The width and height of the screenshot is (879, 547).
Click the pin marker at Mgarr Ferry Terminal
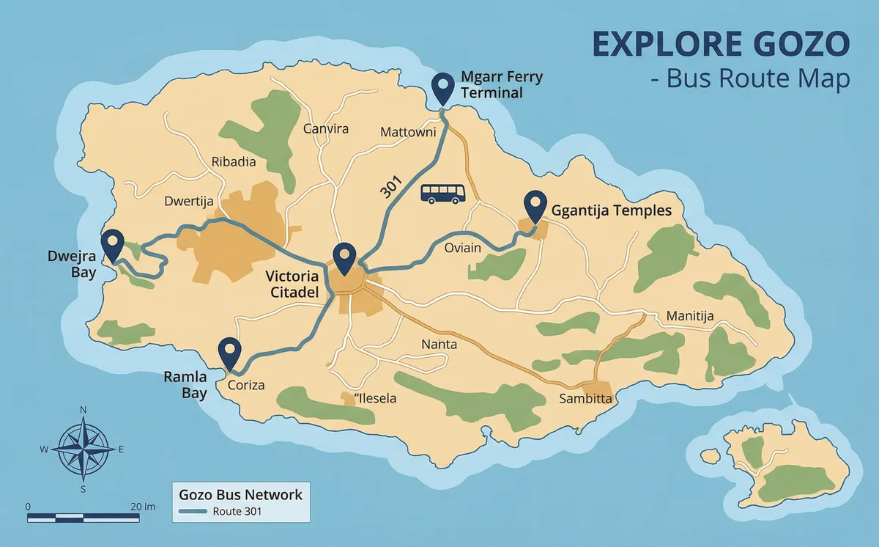tap(442, 88)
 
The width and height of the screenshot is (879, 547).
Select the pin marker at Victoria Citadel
tap(344, 257)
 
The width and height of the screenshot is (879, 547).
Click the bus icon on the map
tap(443, 194)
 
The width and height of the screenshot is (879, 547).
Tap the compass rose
tap(84, 447)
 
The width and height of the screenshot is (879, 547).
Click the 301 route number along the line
tap(391, 188)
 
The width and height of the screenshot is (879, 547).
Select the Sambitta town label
tap(585, 399)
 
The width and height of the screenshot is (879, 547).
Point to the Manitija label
tap(690, 317)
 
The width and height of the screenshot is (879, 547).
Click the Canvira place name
tap(326, 129)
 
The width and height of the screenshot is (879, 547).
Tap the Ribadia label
tap(234, 162)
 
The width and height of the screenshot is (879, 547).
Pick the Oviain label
tap(463, 248)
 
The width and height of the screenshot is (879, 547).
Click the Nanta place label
tap(439, 345)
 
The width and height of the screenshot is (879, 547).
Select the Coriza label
tap(246, 385)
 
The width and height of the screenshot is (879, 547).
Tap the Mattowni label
tap(408, 133)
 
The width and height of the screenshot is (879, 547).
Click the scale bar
tap(83, 518)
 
